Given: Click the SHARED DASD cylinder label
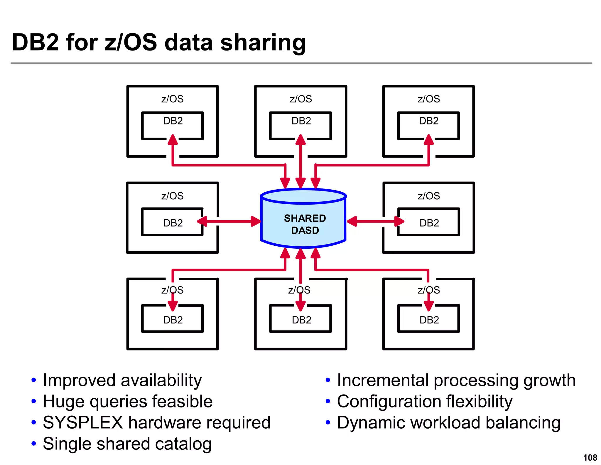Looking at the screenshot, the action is point(305,224).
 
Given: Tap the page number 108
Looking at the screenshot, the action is point(590,457).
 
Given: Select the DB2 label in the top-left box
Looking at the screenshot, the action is point(173,121).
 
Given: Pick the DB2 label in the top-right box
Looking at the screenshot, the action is point(428,121).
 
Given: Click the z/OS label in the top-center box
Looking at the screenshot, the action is point(301,99).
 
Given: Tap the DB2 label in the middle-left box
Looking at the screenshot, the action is point(173,223).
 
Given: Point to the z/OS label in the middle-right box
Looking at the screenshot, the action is point(429,196).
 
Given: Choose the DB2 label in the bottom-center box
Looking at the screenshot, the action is point(301,320).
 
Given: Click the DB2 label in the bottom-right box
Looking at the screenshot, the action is point(429,320).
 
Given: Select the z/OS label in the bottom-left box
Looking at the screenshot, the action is point(172,290).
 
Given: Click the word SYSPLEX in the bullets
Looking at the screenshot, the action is point(83,423).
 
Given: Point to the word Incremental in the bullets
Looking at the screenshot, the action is point(383,380).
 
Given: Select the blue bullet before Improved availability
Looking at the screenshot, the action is point(34,380).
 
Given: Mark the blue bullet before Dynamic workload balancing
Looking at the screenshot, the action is point(328,423).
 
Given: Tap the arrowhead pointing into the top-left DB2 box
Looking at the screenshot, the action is point(173,140).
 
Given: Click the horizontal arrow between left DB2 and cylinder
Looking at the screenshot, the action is point(229,221).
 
